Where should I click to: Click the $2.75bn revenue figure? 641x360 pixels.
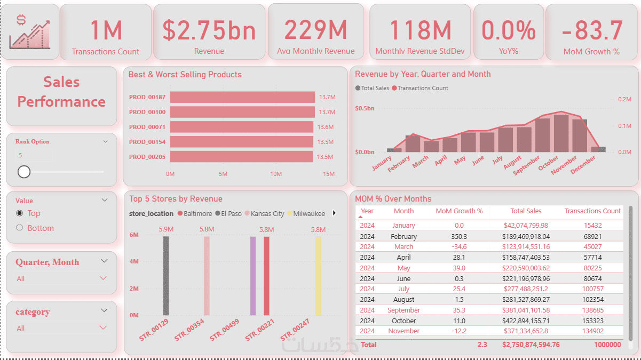[x=209, y=30]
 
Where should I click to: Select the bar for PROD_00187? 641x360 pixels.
[x=242, y=97]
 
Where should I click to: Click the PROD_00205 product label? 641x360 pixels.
[x=147, y=157]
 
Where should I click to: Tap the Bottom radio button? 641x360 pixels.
[x=20, y=228]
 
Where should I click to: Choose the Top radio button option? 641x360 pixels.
[x=20, y=213]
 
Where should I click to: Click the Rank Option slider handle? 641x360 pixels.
[x=24, y=171]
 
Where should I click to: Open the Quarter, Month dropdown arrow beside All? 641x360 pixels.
[x=104, y=278]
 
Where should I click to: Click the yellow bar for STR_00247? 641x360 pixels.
[x=318, y=276]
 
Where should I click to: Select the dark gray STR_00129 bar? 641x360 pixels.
[x=166, y=276]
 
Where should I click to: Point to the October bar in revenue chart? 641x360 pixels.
[x=561, y=133]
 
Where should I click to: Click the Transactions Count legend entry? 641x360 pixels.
[x=420, y=88]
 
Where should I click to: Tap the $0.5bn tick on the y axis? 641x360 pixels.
[x=365, y=108]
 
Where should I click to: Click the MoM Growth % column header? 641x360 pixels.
[x=459, y=211]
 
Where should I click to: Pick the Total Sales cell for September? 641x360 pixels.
[x=526, y=310]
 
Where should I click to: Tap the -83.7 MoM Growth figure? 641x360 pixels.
[x=592, y=30]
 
